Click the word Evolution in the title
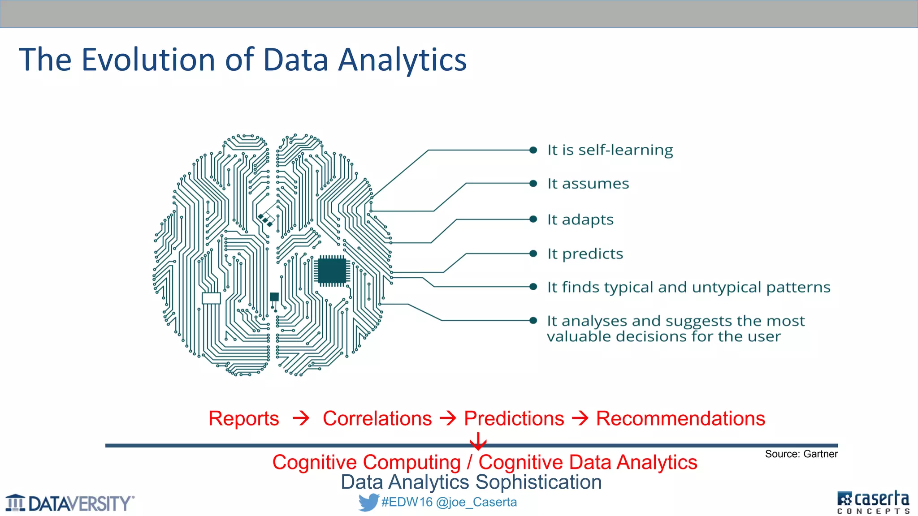click(x=148, y=60)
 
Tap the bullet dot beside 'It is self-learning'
click(x=533, y=150)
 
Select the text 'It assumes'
click(x=588, y=184)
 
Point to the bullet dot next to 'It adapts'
click(x=533, y=219)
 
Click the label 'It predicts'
click(x=585, y=254)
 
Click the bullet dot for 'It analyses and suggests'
click(x=533, y=320)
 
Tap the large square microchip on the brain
click(x=332, y=271)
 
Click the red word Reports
click(x=243, y=418)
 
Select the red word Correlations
click(x=377, y=418)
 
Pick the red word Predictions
click(x=514, y=418)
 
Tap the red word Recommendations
click(x=680, y=418)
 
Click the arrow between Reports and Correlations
click(x=301, y=418)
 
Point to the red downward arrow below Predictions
click(x=478, y=441)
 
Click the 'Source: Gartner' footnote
click(x=801, y=454)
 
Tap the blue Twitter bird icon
click(x=368, y=502)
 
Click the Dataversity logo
click(x=69, y=503)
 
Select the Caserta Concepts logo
click(x=873, y=502)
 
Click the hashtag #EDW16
click(x=407, y=502)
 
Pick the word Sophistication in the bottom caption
click(x=538, y=482)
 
